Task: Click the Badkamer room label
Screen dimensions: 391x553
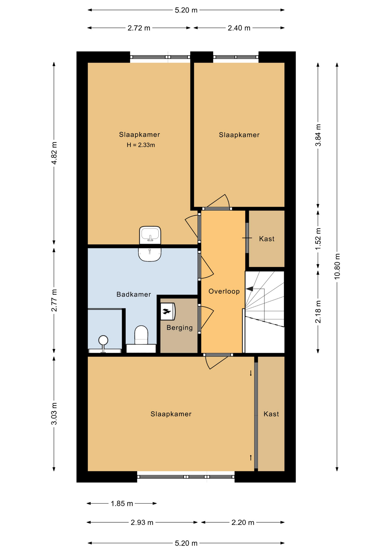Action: coord(134,294)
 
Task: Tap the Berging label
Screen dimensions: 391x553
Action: coord(180,328)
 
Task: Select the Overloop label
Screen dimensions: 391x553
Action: coord(224,291)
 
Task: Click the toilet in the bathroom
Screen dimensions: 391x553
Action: coord(141,335)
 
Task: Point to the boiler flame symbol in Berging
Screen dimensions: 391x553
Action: coord(166,311)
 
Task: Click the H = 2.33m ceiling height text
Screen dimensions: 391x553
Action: coord(141,145)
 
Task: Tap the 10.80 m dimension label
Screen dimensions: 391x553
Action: coord(337,266)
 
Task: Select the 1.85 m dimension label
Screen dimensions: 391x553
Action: coord(122,503)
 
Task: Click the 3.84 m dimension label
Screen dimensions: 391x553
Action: coord(318,135)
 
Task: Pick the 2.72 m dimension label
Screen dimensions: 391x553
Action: coord(139,28)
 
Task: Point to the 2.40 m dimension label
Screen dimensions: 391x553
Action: coord(239,28)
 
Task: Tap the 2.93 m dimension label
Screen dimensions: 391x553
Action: coord(142,522)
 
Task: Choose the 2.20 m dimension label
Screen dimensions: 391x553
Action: coord(243,522)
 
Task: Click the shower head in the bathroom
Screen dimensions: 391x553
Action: coord(103,340)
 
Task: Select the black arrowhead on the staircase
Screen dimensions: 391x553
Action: coord(249,289)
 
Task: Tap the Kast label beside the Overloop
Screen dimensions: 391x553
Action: coord(267,239)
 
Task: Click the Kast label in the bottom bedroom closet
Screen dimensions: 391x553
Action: coord(271,414)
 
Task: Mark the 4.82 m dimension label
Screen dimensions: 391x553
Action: coord(54,153)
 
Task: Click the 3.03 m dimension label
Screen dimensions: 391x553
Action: coord(54,414)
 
